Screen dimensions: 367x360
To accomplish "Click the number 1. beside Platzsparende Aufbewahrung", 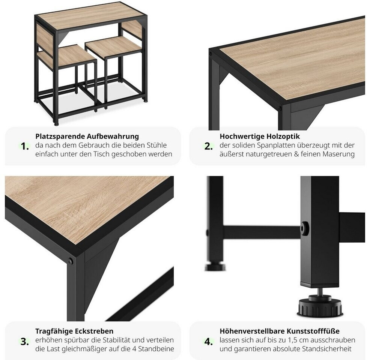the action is click(x=24, y=146).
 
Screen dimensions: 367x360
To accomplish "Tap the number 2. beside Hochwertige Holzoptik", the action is click(x=209, y=146).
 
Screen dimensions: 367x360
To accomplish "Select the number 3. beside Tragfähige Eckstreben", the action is click(x=24, y=342).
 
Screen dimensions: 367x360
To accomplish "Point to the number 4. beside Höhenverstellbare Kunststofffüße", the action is click(x=209, y=342).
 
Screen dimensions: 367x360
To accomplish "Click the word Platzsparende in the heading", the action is click(x=60, y=136).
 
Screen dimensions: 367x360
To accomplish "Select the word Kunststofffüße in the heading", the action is click(x=313, y=331).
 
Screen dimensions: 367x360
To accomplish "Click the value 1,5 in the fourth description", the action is click(x=293, y=340).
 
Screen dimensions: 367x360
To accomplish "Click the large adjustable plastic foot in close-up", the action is click(x=320, y=305).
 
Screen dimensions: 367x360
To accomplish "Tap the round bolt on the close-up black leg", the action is click(x=304, y=228).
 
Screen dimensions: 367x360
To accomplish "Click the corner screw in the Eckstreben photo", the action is click(x=70, y=261).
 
